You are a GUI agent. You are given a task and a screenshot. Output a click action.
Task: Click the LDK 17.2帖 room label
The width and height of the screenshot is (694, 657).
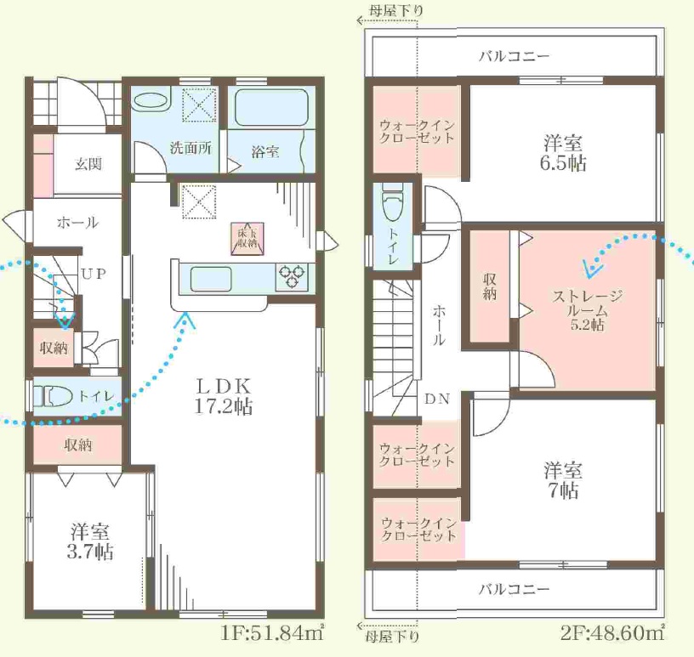224,396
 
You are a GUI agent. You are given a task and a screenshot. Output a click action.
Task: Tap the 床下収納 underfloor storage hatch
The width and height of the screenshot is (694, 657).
247,239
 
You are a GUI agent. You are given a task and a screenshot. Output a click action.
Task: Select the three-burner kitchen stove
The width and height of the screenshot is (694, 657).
292,277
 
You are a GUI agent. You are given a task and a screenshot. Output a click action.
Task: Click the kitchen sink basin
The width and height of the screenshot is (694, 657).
211,279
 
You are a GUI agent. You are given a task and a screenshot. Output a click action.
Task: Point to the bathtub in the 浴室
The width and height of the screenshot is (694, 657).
271,107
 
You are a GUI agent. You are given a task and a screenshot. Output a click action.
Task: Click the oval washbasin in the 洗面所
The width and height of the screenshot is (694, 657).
151,100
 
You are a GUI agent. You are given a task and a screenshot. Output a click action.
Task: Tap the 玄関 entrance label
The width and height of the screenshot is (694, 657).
88,164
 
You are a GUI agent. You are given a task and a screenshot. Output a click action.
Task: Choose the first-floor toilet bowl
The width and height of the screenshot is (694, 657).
53,396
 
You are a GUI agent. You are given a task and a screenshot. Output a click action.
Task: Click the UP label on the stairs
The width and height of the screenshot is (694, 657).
94,274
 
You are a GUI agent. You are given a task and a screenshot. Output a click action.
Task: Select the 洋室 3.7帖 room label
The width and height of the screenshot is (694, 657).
90,542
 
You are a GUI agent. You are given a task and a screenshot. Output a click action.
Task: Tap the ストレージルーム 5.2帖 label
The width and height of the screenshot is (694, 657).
588,309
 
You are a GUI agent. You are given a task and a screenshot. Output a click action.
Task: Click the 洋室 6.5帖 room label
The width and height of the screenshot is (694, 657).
563,153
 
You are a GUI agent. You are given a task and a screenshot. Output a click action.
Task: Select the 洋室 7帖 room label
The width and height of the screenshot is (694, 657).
563,480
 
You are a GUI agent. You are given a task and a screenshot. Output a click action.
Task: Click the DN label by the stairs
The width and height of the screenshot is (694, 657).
437,399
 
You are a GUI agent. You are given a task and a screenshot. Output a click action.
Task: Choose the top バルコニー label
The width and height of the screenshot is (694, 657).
515,56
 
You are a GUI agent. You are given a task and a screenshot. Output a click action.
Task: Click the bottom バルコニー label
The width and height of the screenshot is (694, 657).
515,589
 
